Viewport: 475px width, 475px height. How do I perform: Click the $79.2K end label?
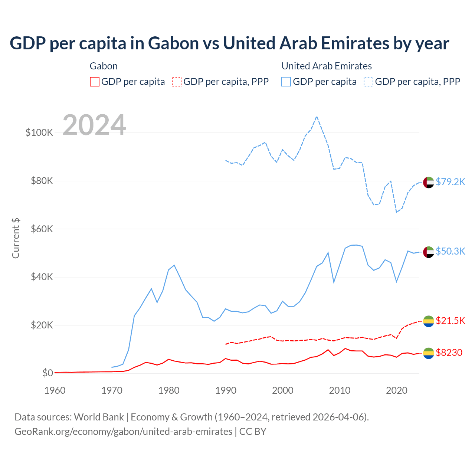tap(450, 182)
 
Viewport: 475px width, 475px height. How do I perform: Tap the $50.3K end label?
tap(450, 251)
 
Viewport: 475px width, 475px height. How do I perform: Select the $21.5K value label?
tap(450, 321)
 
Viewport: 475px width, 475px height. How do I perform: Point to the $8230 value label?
tap(449, 353)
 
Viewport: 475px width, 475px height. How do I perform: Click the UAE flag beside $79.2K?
tap(429, 182)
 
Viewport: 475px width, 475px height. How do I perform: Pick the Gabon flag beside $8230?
tap(429, 353)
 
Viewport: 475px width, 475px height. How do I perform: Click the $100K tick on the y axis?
tap(39, 132)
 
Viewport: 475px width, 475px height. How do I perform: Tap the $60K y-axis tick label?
tap(42, 229)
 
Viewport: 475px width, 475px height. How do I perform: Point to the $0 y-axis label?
tap(47, 373)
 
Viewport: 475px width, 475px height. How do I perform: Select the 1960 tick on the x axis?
tap(55, 390)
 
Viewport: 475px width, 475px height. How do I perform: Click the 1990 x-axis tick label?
tap(226, 390)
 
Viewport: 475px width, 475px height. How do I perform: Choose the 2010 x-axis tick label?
tap(340, 390)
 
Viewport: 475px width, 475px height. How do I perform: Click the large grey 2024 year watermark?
tap(94, 125)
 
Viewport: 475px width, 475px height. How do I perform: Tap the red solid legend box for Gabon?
tap(95, 82)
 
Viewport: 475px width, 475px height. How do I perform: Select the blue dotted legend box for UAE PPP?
tap(369, 82)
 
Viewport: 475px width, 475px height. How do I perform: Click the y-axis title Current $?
tap(16, 238)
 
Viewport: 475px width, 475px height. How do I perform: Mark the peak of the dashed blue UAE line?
tap(317, 117)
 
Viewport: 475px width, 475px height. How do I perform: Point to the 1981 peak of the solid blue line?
tap(174, 265)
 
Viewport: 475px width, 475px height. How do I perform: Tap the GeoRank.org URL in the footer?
tap(123, 432)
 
